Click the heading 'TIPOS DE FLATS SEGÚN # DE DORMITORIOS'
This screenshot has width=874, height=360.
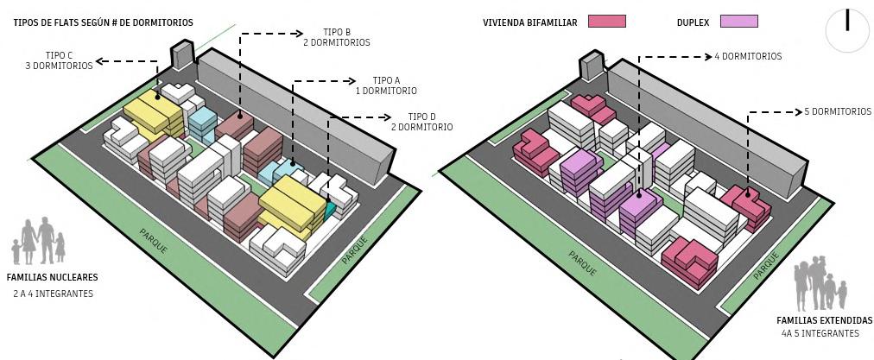tap(104, 22)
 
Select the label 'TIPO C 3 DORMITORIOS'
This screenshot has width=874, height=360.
tap(58, 60)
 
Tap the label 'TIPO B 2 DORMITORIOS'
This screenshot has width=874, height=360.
tap(337, 37)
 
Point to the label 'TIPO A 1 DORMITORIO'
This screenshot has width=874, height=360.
tap(386, 85)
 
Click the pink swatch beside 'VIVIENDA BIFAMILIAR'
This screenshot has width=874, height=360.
tap(606, 22)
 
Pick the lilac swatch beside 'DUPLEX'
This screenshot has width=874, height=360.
tap(738, 22)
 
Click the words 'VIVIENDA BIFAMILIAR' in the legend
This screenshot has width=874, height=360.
tap(530, 22)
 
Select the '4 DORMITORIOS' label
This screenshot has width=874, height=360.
tap(748, 56)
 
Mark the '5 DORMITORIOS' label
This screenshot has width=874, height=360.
tap(837, 111)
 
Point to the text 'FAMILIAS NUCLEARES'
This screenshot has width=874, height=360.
tap(52, 278)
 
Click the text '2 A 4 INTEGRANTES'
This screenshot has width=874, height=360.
tap(53, 294)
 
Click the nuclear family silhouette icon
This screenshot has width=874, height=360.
tap(40, 241)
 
